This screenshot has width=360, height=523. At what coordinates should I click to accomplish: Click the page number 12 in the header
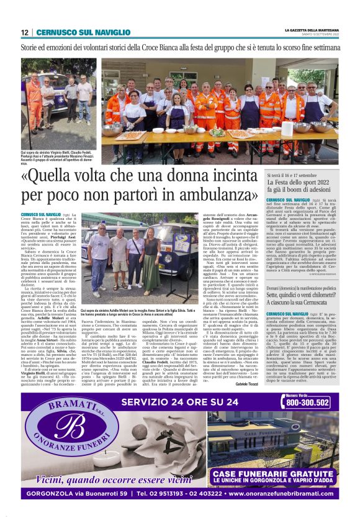[x=25, y=32]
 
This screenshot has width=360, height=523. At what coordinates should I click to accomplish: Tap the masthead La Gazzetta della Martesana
[x=312, y=29]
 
